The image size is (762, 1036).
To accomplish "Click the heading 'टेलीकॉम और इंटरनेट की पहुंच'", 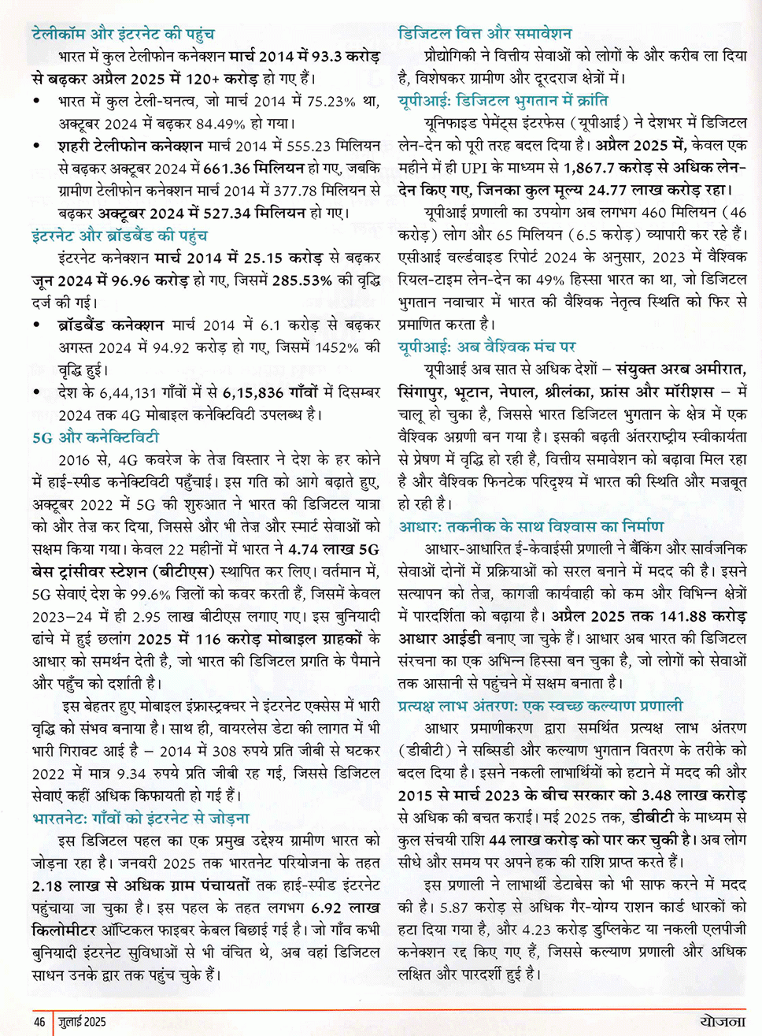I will tap(123, 34).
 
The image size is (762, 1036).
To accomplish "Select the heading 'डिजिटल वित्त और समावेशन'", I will tap(485, 33).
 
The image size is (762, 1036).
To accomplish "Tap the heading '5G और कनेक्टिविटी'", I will tap(95, 437).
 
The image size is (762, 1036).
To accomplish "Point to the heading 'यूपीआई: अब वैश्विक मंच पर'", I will tap(486, 347).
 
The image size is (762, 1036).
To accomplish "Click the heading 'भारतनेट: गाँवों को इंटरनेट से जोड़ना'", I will tap(141, 819).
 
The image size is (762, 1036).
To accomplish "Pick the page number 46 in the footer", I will tap(39, 1022).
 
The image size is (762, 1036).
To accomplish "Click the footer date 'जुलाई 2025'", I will tap(82, 1022).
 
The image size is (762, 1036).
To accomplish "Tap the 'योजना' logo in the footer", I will tap(722, 1021).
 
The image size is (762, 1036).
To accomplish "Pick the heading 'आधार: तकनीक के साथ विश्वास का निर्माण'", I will tap(531, 526).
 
